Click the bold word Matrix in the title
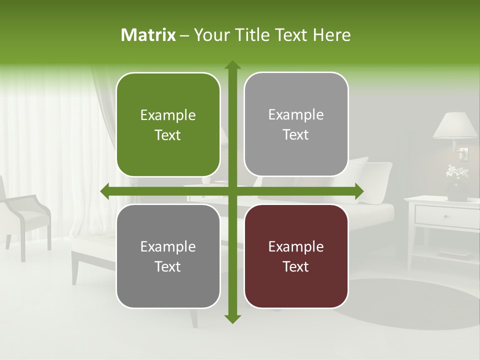[148, 35]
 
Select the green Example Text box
[168, 125]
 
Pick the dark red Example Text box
[296, 256]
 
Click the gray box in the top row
[296, 124]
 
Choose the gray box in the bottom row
[168, 256]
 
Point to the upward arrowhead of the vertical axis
[232, 65]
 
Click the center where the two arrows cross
[232, 191]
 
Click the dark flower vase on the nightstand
[457, 190]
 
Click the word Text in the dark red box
[296, 266]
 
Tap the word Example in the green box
[168, 115]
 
